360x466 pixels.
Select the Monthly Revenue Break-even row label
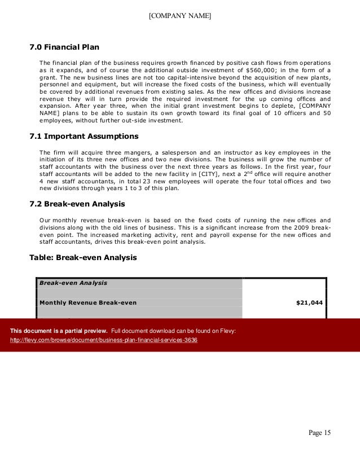(x=87, y=302)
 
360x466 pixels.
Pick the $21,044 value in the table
(x=309, y=302)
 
